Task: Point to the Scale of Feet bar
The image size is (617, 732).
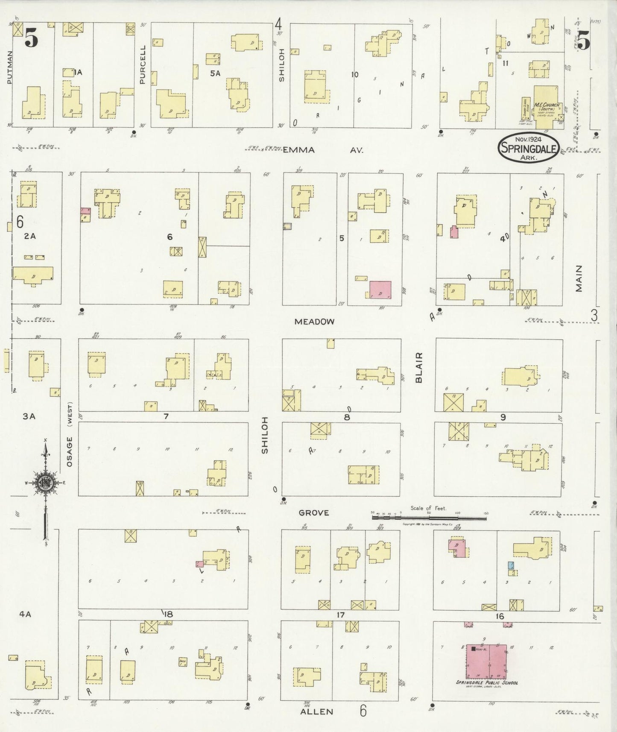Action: coord(429,518)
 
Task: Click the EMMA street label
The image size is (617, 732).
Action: coord(299,150)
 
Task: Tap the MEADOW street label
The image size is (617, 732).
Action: coord(314,322)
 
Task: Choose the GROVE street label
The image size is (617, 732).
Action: coord(314,512)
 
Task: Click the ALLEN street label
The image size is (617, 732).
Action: coord(316,711)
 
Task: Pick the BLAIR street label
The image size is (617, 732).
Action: coord(419,367)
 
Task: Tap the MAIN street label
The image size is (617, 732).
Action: coord(579,279)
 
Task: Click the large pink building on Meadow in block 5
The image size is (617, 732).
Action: coord(380,290)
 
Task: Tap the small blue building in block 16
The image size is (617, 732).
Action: coord(510,565)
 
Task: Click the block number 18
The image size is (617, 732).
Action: coord(168,614)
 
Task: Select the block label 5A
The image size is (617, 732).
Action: coord(215,73)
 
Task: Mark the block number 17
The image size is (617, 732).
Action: coord(340,615)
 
